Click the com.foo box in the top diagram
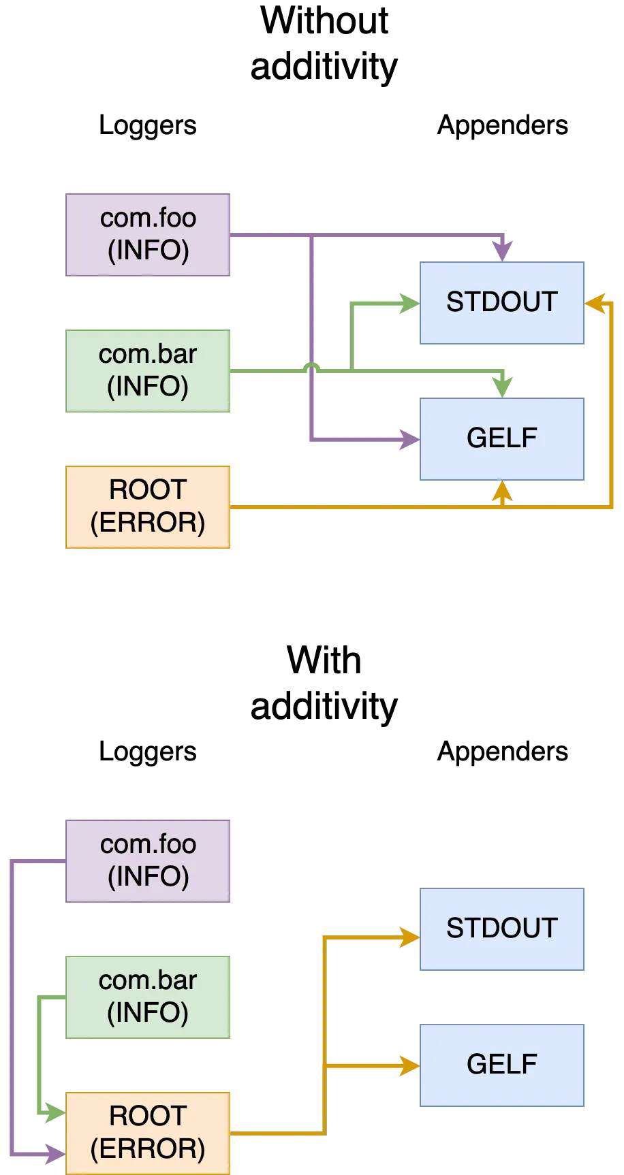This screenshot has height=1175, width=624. point(149,234)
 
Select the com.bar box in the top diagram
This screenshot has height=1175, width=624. point(149,370)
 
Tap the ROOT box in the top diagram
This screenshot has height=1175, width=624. point(149,506)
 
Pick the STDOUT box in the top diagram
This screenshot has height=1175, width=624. point(503,303)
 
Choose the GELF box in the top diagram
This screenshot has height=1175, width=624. point(503,439)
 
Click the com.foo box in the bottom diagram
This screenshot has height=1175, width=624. point(149,860)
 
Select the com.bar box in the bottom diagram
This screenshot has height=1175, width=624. point(149,997)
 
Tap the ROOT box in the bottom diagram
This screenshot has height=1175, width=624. point(149,1133)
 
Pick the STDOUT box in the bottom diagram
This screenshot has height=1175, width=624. point(503,929)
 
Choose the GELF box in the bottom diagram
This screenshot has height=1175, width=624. point(503,1065)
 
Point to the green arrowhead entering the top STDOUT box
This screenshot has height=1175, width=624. point(409,303)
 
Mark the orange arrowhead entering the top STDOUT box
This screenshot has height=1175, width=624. point(595,303)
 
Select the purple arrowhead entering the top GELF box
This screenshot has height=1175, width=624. point(409,439)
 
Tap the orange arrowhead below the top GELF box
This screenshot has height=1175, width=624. point(503,492)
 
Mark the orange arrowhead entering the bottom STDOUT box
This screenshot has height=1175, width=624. point(409,937)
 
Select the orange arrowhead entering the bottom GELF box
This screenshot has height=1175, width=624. point(409,1065)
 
